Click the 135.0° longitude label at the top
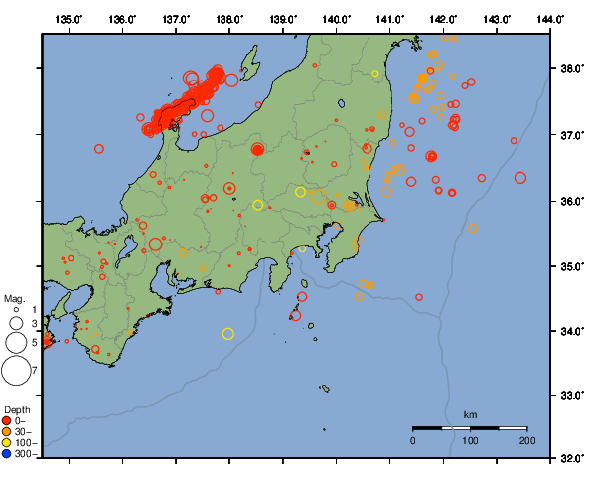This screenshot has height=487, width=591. click(70, 19)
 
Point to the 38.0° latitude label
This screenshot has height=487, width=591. click(570, 70)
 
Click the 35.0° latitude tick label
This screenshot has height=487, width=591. click(570, 266)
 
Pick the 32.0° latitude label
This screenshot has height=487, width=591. click(570, 459)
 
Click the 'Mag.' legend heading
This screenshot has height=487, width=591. click(14, 298)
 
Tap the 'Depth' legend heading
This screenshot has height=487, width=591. click(17, 409)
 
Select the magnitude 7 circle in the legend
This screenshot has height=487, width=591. click(16, 370)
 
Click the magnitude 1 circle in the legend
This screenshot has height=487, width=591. click(16, 310)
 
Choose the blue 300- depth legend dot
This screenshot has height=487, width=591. click(7, 454)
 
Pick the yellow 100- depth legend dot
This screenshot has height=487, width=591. click(7, 443)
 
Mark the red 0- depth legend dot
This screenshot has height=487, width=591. click(7, 421)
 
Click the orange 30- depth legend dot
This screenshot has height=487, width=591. click(7, 432)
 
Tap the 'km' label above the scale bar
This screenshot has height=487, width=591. click(471, 414)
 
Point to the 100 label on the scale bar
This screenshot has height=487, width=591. click(470, 439)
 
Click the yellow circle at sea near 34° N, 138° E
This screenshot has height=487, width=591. click(228, 334)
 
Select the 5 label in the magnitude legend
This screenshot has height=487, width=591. click(34, 342)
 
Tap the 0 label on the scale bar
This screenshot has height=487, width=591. click(413, 439)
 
